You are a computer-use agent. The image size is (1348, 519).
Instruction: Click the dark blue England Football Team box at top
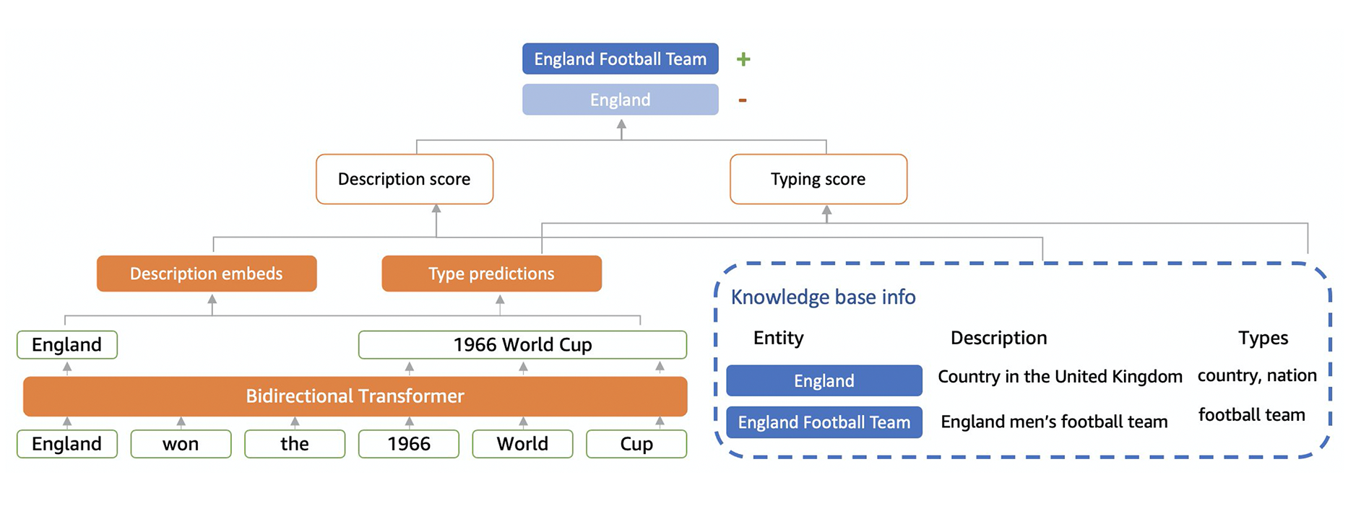(620, 59)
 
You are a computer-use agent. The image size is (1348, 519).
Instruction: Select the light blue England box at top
(620, 100)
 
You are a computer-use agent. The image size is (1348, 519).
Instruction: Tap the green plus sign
(743, 59)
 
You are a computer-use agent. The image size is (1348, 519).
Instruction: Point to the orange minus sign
(742, 100)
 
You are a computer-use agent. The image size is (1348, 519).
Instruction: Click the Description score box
(404, 179)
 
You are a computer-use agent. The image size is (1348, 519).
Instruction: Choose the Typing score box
(818, 179)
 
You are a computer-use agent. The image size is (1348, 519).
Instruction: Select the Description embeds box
(206, 274)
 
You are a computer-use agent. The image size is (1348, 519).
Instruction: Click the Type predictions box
(491, 274)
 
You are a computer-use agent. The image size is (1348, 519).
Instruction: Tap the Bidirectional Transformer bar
(355, 396)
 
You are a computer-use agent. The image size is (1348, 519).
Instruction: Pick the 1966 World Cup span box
(522, 345)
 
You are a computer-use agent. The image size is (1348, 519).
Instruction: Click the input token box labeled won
(181, 444)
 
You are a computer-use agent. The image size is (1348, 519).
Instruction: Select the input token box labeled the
(295, 444)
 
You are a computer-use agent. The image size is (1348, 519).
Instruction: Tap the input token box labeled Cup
(636, 444)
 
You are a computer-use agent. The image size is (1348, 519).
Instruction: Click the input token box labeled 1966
(409, 444)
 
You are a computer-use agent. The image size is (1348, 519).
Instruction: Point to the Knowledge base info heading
(823, 297)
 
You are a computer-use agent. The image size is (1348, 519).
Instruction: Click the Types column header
(1263, 338)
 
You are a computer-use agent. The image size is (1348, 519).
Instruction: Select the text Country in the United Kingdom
(1060, 377)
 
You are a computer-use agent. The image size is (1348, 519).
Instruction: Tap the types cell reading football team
(1251, 415)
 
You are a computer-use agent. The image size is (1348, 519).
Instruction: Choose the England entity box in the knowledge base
(824, 380)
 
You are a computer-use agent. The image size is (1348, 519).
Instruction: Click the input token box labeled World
(522, 444)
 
